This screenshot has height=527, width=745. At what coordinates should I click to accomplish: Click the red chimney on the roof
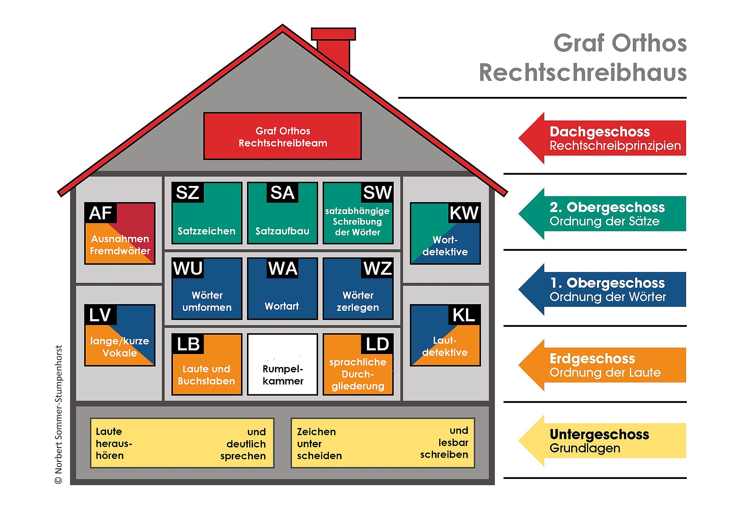tap(333, 48)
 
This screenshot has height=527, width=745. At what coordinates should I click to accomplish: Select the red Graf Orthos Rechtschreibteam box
tap(282, 136)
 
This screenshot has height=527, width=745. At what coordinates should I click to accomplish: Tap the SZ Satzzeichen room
tap(207, 213)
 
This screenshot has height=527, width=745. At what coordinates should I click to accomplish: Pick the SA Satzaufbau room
tap(282, 213)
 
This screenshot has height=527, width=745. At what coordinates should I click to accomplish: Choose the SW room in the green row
tap(358, 213)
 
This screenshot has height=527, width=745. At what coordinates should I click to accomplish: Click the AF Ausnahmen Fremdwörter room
tap(120, 234)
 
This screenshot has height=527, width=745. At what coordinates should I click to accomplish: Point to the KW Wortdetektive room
tap(445, 234)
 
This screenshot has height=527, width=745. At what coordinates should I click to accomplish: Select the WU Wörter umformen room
tap(207, 289)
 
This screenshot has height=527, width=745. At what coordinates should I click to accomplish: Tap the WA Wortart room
tap(282, 289)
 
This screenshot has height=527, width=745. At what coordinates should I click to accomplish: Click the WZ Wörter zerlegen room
tap(358, 289)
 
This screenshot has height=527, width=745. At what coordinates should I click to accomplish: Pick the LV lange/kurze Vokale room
tap(120, 335)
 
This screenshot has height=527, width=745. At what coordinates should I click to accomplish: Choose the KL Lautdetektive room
tap(445, 335)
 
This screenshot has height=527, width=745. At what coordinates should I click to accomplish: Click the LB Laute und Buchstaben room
tap(207, 365)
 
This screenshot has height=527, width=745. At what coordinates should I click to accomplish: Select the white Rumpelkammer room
tap(282, 365)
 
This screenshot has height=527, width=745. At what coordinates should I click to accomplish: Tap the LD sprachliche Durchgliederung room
tap(358, 365)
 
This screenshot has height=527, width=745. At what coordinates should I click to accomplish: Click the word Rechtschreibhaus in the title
tap(583, 73)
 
